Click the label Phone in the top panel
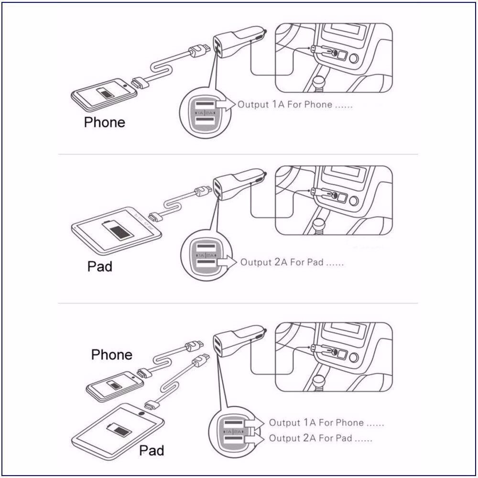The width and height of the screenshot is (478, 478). [104, 122]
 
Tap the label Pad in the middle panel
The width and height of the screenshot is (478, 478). [99, 266]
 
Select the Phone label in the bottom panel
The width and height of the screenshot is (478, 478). [111, 355]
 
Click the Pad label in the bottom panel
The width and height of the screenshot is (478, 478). [152, 450]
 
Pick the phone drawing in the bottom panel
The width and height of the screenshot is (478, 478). [115, 386]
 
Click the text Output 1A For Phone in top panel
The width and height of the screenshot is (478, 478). [295, 105]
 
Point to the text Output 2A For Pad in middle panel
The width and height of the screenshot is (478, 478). [292, 262]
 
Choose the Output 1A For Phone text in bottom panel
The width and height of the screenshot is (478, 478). [326, 423]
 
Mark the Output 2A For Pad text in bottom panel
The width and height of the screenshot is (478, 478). [320, 438]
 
